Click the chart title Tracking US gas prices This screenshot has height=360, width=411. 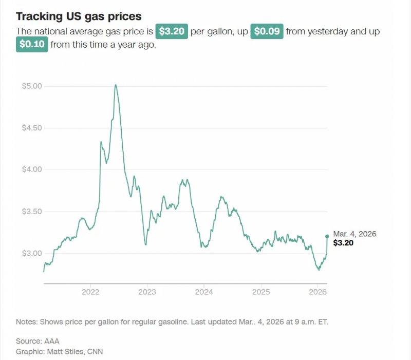[79, 16]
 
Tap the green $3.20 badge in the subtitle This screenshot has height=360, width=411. [172, 31]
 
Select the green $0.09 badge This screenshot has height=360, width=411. [267, 31]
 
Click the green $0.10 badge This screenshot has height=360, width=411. [32, 45]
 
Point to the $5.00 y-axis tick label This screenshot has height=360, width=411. [31, 86]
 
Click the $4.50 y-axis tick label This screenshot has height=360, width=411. [31, 127]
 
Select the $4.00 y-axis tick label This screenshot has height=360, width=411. [31, 169]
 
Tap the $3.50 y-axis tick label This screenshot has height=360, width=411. [31, 212]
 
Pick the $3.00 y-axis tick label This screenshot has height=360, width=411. [31, 253]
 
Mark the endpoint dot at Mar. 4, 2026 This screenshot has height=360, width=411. [327, 236]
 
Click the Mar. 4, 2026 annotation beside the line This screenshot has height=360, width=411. [354, 234]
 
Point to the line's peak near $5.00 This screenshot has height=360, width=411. [116, 85]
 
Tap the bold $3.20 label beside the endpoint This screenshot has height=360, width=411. [343, 243]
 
